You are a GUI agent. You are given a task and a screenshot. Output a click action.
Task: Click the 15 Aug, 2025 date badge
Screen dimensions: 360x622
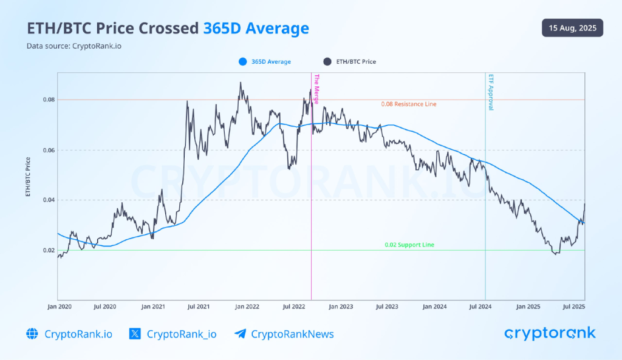572,27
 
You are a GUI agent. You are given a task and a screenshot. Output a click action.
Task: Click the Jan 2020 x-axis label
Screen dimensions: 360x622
59,307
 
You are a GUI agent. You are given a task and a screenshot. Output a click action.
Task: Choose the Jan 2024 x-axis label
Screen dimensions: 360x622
435,307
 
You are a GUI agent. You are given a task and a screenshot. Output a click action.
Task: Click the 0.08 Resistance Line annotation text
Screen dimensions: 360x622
408,104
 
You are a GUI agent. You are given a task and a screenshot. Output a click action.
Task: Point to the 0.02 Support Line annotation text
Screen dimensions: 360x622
409,245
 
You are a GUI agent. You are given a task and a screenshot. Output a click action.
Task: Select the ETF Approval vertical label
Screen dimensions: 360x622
490,92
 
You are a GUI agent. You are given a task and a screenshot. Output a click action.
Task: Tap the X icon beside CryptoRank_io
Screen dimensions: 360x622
135,333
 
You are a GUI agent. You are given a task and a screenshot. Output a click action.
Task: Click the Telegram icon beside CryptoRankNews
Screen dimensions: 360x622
240,333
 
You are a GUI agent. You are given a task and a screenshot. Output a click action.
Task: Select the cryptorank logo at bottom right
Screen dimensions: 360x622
550,333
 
